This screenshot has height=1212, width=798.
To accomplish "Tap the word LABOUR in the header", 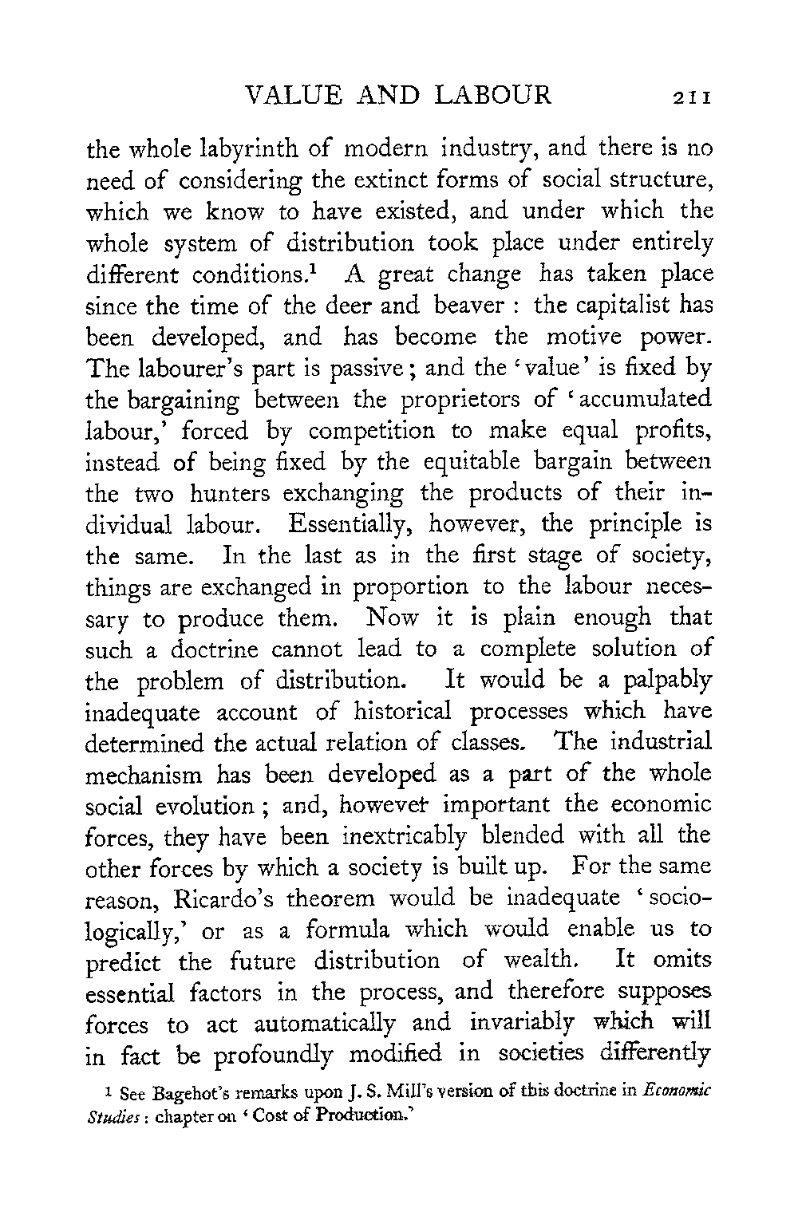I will [x=493, y=96].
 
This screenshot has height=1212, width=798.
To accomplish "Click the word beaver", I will [x=462, y=305].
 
